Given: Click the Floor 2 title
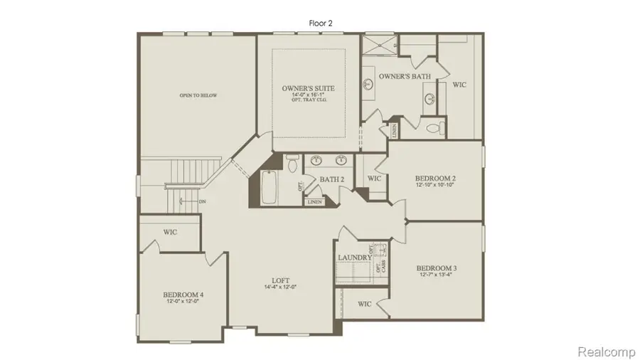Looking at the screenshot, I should pyautogui.click(x=321, y=23).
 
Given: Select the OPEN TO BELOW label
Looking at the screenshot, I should pyautogui.click(x=198, y=95).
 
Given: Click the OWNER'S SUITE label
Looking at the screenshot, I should pyautogui.click(x=308, y=88).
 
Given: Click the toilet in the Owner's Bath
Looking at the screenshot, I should pyautogui.click(x=435, y=129).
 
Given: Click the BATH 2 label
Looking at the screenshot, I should pyautogui.click(x=331, y=180).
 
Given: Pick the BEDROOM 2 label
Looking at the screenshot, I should pyautogui.click(x=435, y=178).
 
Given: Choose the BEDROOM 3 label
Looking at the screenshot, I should pyautogui.click(x=436, y=268).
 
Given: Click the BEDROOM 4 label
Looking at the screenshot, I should pyautogui.click(x=183, y=294).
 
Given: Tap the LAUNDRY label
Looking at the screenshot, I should pyautogui.click(x=354, y=257).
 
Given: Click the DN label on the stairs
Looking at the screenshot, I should pyautogui.click(x=203, y=201).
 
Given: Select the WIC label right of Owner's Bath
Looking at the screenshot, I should pyautogui.click(x=459, y=85).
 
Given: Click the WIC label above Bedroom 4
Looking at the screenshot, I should pyautogui.click(x=170, y=232).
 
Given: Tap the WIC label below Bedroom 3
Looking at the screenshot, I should pyautogui.click(x=365, y=304).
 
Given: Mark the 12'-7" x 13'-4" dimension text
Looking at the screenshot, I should pyautogui.click(x=436, y=275).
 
